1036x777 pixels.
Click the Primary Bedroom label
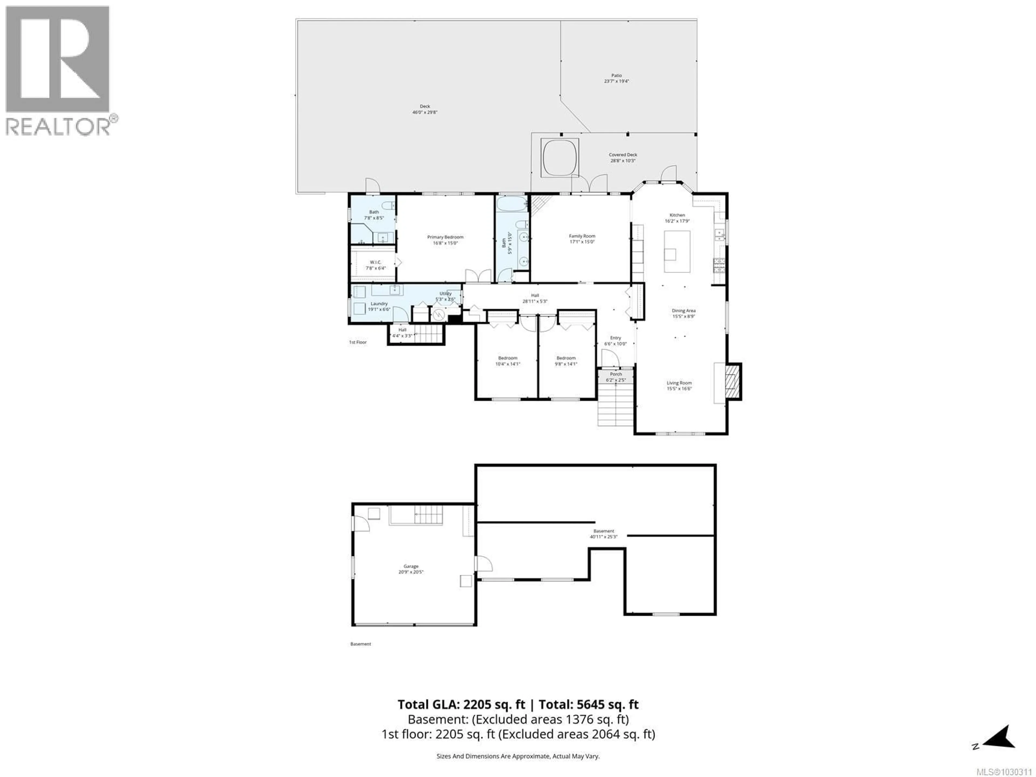pos(445,240)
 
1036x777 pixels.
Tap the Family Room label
pos(582,239)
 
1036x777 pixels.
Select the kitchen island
pos(677,251)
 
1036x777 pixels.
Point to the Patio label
pos(616,78)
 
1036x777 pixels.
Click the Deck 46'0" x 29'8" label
pos(425,109)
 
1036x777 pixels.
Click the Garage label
pos(411,569)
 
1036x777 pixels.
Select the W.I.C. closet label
pos(375,265)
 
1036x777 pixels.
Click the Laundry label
pos(379,306)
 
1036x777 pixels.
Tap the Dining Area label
pos(683,313)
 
